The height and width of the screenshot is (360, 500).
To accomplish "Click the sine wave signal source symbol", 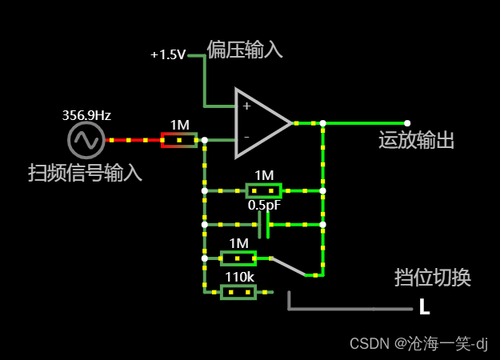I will (x=85, y=140).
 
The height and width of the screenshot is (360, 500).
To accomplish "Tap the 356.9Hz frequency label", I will (x=86, y=115).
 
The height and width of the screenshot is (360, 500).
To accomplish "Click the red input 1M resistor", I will (x=179, y=141).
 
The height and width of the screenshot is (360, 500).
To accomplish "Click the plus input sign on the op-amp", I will (x=246, y=106).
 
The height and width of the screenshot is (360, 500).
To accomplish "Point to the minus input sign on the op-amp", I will (x=246, y=137).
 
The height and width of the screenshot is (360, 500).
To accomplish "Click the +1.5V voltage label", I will (x=168, y=55).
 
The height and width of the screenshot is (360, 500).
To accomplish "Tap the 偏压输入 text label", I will (x=245, y=50).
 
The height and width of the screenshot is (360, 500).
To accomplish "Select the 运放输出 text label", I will (x=416, y=141).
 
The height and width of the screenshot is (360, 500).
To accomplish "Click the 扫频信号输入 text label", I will (x=85, y=172).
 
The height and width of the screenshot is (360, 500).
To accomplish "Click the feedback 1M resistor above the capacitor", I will (x=263, y=191).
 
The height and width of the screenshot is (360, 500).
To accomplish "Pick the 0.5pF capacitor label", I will (x=264, y=206).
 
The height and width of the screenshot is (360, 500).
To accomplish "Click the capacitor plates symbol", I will (x=264, y=225).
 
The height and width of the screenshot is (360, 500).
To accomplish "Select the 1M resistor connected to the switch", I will (x=238, y=258).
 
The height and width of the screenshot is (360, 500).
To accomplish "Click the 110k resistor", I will (x=238, y=293).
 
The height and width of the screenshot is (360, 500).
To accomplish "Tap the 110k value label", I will (x=239, y=278).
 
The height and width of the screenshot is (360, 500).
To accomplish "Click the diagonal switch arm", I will (x=289, y=266).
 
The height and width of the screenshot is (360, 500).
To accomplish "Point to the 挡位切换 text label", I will (x=432, y=278).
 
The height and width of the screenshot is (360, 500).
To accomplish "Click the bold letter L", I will (x=425, y=307).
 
